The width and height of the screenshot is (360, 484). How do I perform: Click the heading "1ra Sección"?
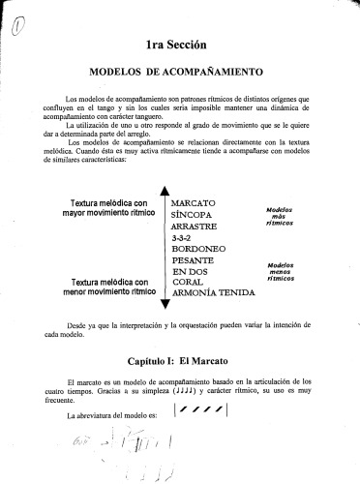(x=182, y=44)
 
